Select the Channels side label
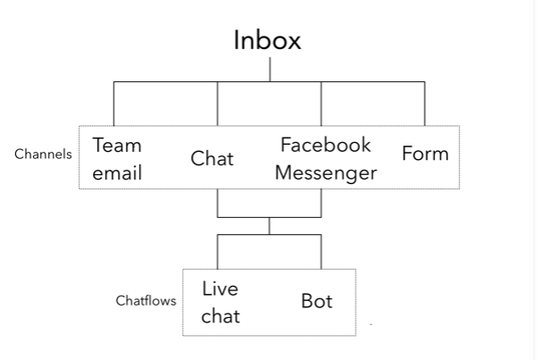pos(43,154)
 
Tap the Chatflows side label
pos(146,301)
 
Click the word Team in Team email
pos(117,145)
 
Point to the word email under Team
pos(117,172)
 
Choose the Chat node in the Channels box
pos(212,159)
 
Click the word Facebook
pos(325,145)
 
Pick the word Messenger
pos(325,172)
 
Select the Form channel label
pos(425,154)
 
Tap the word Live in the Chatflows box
pos(220,289)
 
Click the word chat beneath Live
pos(220,316)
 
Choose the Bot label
pos(316,301)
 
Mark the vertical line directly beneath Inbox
pos(270,70)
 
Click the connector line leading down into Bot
pos(321,251)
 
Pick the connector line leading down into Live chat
pos(218,251)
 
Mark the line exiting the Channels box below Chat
pos(218,203)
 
